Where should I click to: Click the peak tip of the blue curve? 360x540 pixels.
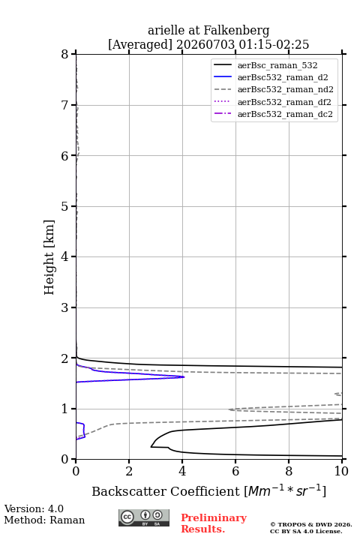pyautogui.click(x=184, y=376)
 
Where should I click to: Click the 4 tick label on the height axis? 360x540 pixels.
pyautogui.click(x=64, y=256)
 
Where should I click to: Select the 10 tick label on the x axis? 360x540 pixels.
pyautogui.click(x=341, y=471)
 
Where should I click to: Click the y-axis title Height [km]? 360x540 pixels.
pyautogui.click(x=49, y=257)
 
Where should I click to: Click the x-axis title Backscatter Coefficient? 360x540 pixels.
pyautogui.click(x=166, y=491)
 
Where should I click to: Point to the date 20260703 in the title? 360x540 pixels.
pyautogui.click(x=205, y=44)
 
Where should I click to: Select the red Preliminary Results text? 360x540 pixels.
pyautogui.click(x=214, y=523)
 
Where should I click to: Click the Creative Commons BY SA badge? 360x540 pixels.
pyautogui.click(x=144, y=517)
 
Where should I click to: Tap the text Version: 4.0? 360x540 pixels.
pyautogui.click(x=34, y=508)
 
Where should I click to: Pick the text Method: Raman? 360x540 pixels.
pyautogui.click(x=44, y=520)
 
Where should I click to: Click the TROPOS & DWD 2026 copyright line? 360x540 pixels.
pyautogui.click(x=311, y=524)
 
